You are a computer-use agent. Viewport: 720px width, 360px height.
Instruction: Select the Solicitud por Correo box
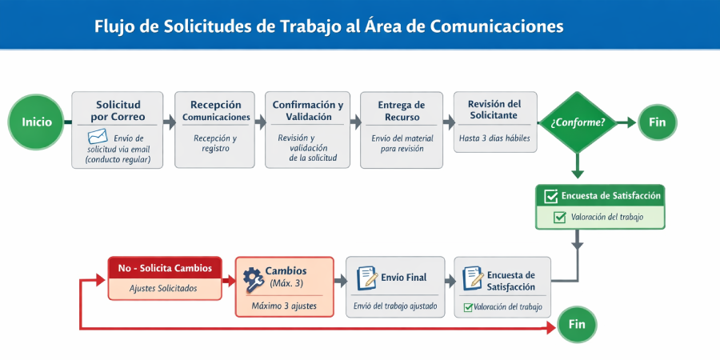[118, 130]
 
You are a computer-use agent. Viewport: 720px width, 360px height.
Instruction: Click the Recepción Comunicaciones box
[216, 130]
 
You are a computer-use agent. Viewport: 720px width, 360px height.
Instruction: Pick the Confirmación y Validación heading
[308, 111]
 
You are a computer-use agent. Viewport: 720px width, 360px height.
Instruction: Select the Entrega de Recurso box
[401, 130]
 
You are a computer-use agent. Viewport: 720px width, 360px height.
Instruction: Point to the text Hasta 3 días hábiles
[494, 137]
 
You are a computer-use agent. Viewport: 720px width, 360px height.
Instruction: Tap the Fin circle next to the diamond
[657, 122]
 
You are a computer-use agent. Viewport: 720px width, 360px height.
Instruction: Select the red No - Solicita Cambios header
[165, 269]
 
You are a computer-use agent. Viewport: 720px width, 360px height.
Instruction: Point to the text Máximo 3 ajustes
[283, 306]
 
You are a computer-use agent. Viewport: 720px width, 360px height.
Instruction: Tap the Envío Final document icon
[367, 278]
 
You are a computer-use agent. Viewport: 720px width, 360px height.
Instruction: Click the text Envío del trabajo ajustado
[395, 306]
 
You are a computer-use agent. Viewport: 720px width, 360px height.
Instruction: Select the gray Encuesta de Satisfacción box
[502, 286]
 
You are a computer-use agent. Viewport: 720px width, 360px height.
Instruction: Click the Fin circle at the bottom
[577, 324]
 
